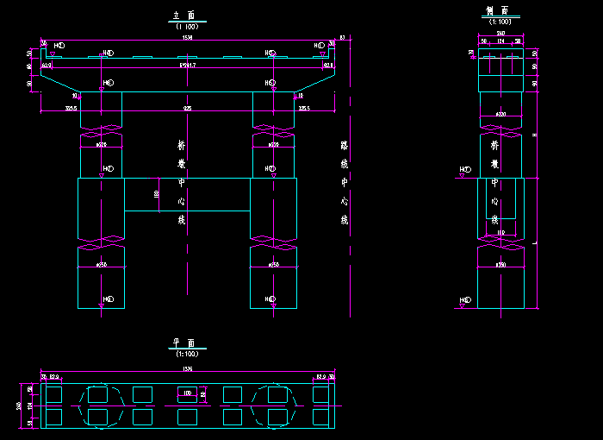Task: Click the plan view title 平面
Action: [x=187, y=343]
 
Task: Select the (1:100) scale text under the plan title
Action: [x=187, y=354]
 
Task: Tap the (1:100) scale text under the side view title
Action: [x=500, y=22]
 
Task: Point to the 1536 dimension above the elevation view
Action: [x=187, y=38]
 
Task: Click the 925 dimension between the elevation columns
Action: [x=188, y=109]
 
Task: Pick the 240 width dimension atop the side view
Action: [x=500, y=35]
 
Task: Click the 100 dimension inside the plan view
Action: [x=187, y=393]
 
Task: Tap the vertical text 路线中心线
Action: [x=345, y=182]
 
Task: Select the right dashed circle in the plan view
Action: [x=277, y=405]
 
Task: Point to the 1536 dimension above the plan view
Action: [x=187, y=370]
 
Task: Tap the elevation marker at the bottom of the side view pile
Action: [x=465, y=301]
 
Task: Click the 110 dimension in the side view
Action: [x=500, y=233]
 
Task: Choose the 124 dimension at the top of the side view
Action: [x=500, y=41]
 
